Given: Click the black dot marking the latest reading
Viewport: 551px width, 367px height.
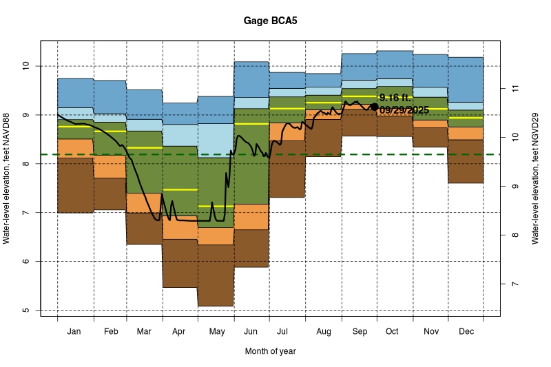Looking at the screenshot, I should click(x=374, y=107).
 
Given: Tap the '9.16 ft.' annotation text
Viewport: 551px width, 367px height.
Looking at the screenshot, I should click(x=395, y=98).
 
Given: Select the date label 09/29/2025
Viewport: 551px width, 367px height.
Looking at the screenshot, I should click(x=404, y=110).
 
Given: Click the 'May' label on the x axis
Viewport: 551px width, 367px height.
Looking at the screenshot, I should click(x=216, y=331).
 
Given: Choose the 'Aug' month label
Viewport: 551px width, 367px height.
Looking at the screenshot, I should click(x=323, y=331).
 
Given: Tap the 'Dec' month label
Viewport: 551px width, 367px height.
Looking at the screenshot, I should click(x=466, y=331).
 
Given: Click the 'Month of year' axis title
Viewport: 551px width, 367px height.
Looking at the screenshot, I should click(x=270, y=351).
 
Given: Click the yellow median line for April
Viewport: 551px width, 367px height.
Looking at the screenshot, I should click(x=180, y=189).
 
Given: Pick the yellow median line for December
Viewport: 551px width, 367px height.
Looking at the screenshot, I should click(x=466, y=118).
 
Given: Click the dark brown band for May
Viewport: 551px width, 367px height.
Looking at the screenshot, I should click(x=216, y=275).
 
